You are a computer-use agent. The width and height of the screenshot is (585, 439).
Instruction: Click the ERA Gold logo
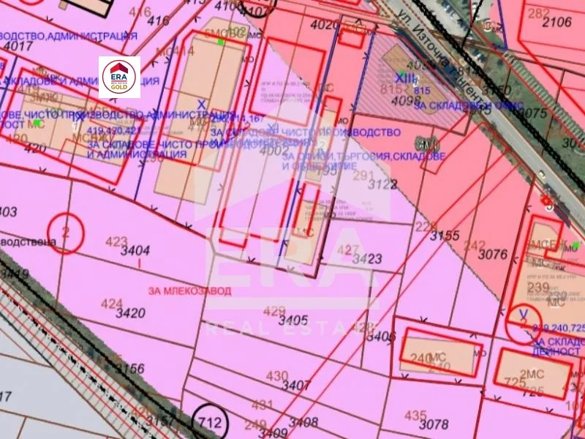pos(119,77)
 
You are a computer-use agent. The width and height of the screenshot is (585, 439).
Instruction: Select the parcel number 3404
pos(135,250)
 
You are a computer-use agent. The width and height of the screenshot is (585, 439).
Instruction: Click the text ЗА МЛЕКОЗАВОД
pos(189,290)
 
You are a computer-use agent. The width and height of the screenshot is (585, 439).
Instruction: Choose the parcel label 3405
pos(293,320)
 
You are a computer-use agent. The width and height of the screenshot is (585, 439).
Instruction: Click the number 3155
pos(444,236)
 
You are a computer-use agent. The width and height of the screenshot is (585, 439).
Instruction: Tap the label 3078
pos(434,424)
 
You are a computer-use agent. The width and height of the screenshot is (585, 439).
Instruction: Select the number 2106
pos(556,22)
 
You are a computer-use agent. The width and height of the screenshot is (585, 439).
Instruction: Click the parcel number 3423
pos(368,258)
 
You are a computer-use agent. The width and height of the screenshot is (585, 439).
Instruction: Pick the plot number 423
pos(116,240)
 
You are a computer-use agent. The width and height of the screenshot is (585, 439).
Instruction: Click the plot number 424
pos(112,303)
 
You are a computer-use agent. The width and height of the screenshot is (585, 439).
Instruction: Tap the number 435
pos(415,415)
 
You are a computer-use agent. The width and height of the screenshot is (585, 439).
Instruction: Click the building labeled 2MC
pos(536,373)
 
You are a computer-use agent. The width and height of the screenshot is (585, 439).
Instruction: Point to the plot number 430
pos(277,376)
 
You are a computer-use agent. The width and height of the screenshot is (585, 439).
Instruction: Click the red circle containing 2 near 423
pos(66,233)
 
